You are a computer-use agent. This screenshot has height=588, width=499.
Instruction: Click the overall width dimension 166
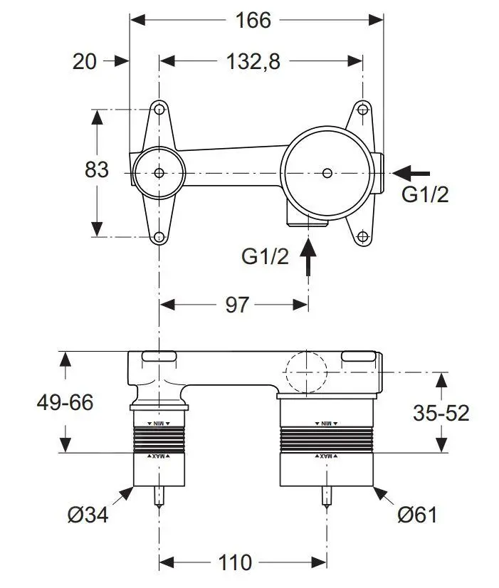point(253,20)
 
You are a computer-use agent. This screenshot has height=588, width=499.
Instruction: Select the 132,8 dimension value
point(253,62)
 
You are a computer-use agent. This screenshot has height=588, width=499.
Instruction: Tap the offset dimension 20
point(84,62)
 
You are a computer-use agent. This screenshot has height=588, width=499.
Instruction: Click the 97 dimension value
point(237,305)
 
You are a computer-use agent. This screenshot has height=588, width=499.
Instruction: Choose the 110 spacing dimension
point(236,562)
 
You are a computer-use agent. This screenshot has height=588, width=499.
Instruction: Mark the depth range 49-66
point(65,402)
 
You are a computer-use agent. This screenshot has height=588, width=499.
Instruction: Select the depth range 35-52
point(442,412)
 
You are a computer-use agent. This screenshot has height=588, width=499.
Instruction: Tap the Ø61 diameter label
point(416,515)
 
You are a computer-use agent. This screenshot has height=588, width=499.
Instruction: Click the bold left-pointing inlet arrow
point(412,172)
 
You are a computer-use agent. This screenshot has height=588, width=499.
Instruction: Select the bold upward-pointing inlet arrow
point(308,258)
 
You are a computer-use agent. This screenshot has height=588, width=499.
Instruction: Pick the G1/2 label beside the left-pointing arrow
point(425,194)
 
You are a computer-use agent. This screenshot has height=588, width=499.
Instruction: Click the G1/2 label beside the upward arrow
point(266,256)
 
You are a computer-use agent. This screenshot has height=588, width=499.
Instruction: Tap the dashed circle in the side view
point(305,372)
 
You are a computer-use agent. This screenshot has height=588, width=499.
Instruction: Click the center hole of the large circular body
point(326,172)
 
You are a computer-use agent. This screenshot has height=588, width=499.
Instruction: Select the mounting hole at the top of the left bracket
point(159,110)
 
